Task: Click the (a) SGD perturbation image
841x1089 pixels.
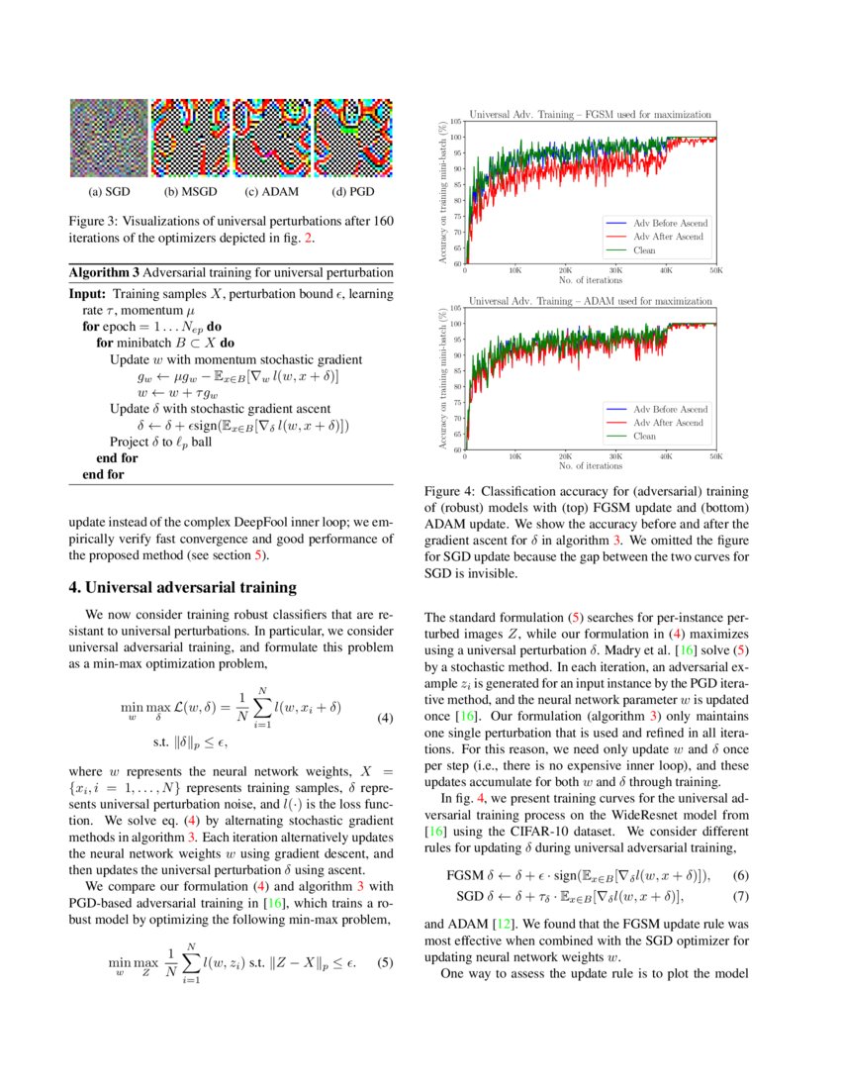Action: (x=109, y=138)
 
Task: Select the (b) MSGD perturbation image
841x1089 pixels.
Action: (x=190, y=138)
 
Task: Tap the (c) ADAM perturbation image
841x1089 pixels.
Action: (x=271, y=138)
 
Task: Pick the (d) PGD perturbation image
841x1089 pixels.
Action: (x=353, y=138)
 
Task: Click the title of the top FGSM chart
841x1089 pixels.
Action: (x=591, y=115)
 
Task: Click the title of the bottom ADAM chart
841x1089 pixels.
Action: (x=591, y=300)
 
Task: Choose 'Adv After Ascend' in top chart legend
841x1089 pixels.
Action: (x=669, y=238)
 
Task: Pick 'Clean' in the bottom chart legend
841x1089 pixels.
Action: (x=644, y=436)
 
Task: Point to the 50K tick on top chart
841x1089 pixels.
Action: (x=715, y=269)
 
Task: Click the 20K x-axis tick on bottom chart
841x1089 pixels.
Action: (x=565, y=456)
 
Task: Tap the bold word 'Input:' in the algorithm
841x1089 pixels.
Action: (x=88, y=294)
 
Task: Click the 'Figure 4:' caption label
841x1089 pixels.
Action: (x=451, y=491)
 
